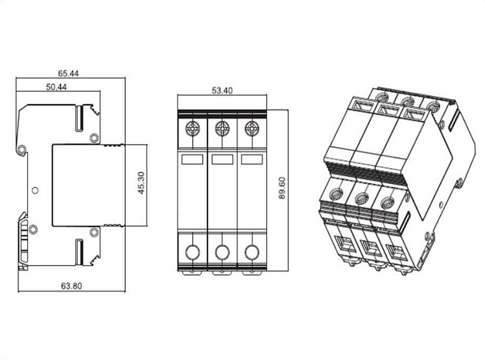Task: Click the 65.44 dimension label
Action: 69,73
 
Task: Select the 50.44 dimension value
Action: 56,87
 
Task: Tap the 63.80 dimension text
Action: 72,285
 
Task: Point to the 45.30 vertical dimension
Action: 141,183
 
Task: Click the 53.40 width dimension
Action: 222,91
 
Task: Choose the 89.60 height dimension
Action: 282,188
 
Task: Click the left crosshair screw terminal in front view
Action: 192,129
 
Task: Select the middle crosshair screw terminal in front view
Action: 222,129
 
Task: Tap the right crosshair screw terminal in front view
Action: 252,129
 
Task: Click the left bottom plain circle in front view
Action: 192,252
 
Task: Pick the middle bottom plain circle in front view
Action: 222,252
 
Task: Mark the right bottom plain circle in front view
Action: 252,252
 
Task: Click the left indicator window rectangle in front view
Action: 192,159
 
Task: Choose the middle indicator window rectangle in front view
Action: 222,159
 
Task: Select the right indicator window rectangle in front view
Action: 252,159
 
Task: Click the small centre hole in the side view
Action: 35,190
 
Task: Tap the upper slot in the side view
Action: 79,118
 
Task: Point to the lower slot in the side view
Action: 79,252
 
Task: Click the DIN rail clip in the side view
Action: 23,241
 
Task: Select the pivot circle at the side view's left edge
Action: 22,150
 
